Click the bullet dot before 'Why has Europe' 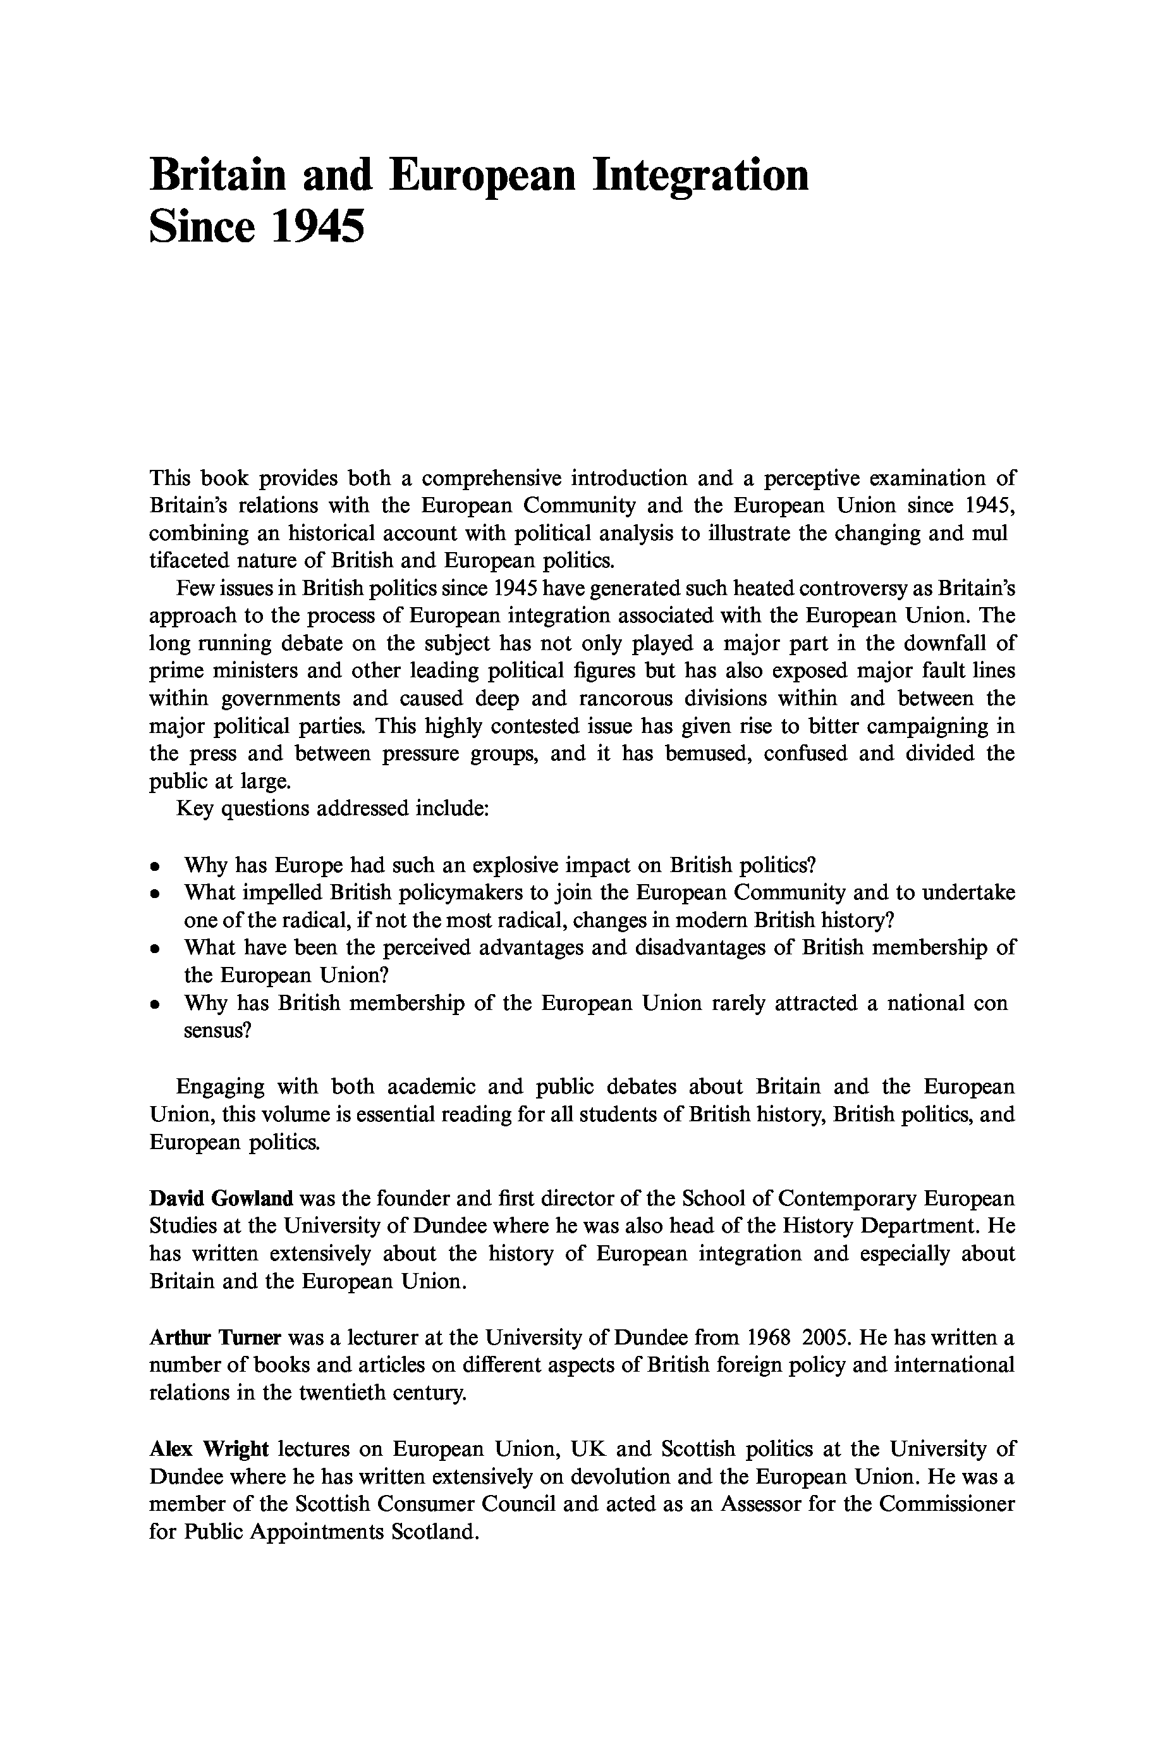tap(154, 866)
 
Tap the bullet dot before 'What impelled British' tap(154, 894)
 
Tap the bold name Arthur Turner tap(215, 1338)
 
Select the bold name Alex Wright tap(209, 1449)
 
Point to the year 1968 tap(767, 1338)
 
